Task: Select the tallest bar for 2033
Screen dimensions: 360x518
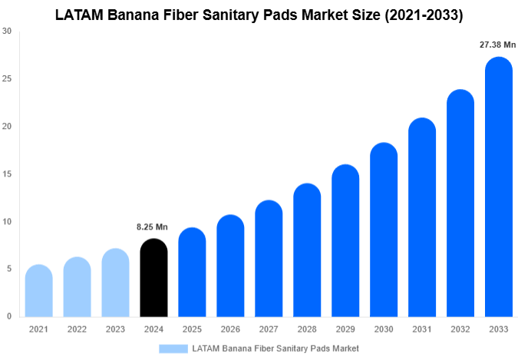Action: [499, 187]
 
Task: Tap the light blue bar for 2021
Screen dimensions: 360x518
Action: [38, 291]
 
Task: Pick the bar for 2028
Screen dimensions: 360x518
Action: [307, 250]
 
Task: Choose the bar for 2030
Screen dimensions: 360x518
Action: [384, 230]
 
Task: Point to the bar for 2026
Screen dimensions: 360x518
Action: [230, 266]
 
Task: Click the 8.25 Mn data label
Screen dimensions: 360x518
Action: [152, 227]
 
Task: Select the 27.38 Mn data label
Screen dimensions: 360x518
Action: [497, 45]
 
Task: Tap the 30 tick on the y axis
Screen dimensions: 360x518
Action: [7, 31]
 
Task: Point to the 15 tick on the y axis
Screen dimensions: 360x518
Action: [7, 174]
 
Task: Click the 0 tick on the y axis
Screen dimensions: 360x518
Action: [8, 316]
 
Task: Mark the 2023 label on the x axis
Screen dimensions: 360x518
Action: [115, 329]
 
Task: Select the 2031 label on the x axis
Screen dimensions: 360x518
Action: [422, 329]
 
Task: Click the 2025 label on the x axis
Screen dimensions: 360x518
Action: [192, 329]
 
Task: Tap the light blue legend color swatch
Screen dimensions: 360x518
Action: [173, 348]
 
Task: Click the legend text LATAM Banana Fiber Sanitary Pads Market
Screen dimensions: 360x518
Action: [275, 348]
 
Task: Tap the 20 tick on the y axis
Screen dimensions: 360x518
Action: [7, 127]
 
